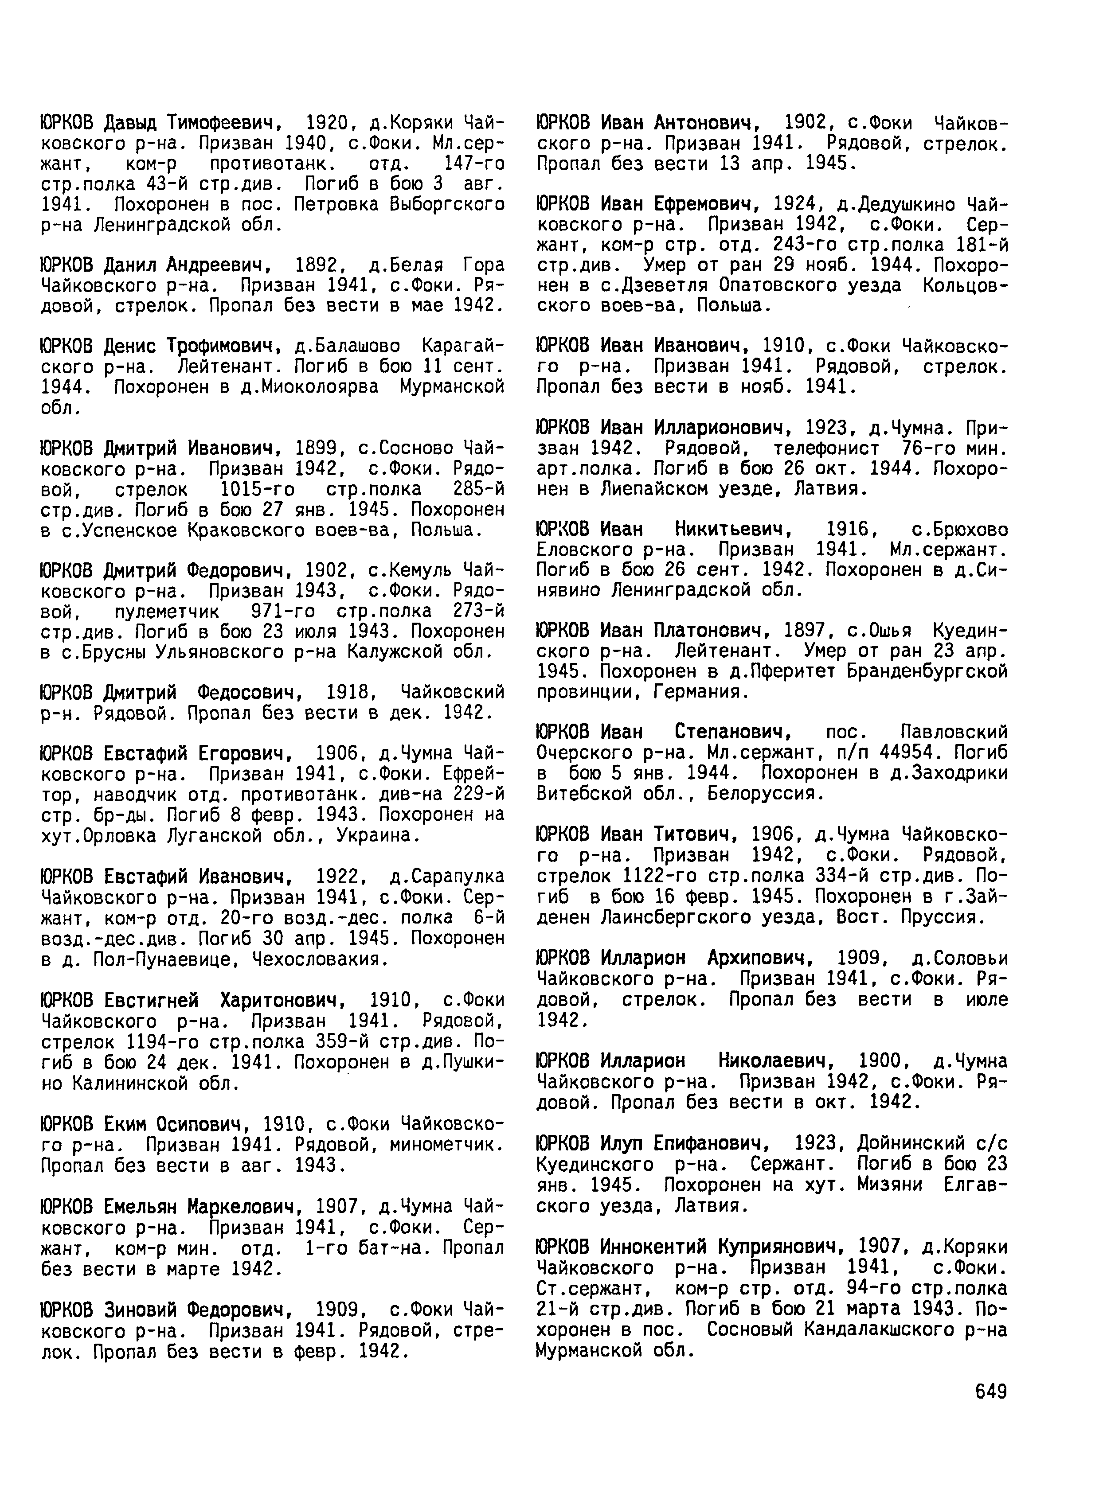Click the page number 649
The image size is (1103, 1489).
(991, 1391)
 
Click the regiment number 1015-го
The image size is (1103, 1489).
(257, 489)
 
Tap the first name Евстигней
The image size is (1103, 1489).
(152, 1001)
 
